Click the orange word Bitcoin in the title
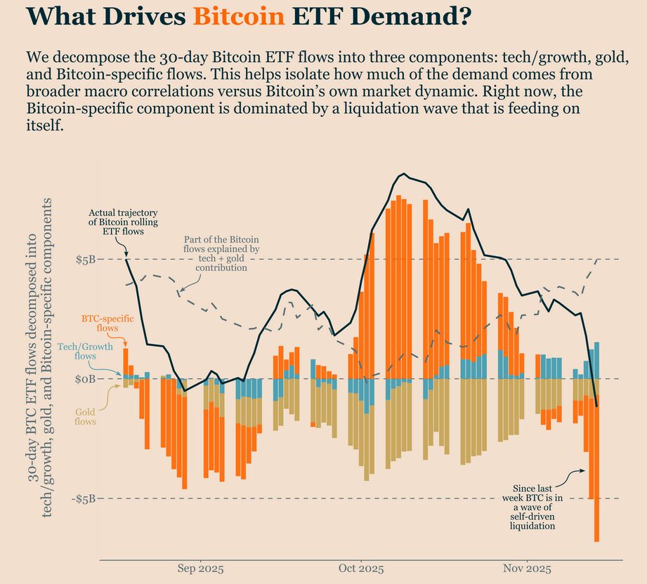pos(239,15)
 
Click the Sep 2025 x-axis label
pos(201,568)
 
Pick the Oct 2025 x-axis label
pos(360,568)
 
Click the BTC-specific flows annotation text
pos(100,323)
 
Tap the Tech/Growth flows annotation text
pos(77,352)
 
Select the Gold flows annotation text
pos(85,417)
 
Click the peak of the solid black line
pos(403,173)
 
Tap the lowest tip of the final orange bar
pos(596,540)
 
